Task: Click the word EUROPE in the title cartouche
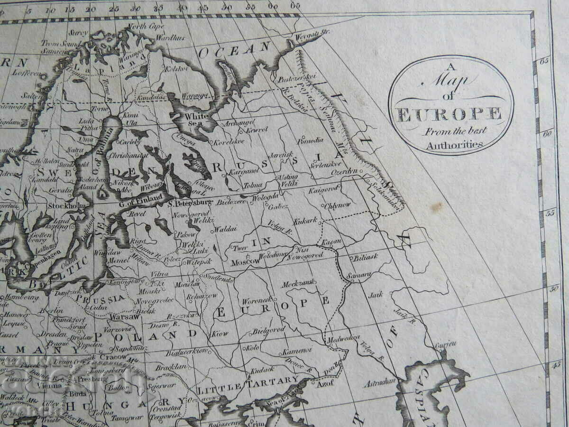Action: click(x=449, y=115)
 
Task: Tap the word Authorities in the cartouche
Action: click(x=454, y=146)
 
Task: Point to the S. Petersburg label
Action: click(x=190, y=204)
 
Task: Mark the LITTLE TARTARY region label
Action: click(x=248, y=380)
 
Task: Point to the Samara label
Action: click(x=359, y=275)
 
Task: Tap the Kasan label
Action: click(x=332, y=242)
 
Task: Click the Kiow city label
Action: click(x=220, y=333)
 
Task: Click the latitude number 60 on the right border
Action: click(x=548, y=134)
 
